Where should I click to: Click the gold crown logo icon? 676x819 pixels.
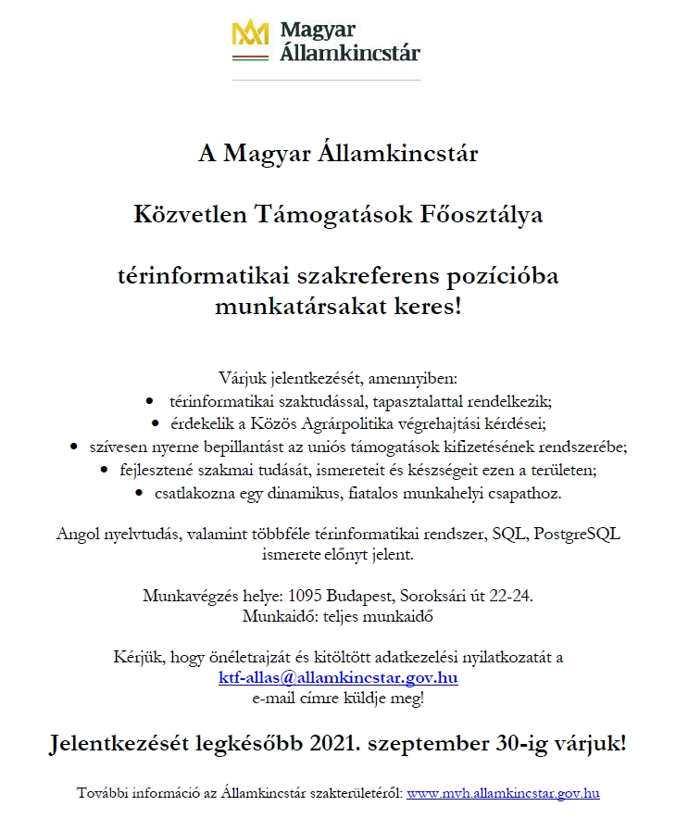[x=250, y=34]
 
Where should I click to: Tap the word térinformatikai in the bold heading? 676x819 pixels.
[x=194, y=277]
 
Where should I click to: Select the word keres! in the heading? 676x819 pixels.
[x=431, y=305]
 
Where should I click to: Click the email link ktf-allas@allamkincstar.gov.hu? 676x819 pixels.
[x=338, y=677]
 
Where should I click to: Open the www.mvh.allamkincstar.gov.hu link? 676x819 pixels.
[x=503, y=793]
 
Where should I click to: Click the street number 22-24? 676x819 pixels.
[x=508, y=596]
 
